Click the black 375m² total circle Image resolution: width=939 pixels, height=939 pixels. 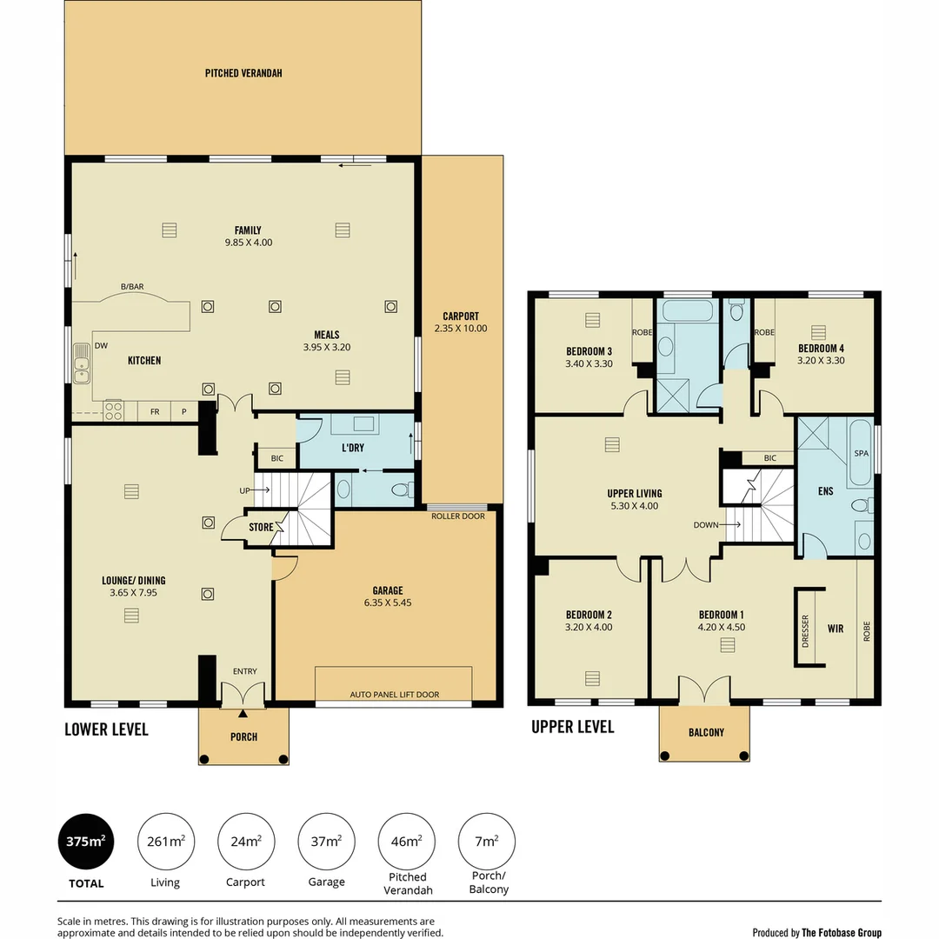(85, 841)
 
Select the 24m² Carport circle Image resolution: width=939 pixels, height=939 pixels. (246, 841)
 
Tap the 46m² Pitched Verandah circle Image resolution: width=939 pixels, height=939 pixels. (407, 841)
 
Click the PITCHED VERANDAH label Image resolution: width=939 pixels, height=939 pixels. (243, 73)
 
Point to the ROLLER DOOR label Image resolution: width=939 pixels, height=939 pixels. (458, 516)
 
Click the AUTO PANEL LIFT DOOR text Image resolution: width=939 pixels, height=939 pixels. (395, 695)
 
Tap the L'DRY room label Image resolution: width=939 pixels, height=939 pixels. (352, 447)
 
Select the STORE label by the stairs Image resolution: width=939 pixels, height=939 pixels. (261, 527)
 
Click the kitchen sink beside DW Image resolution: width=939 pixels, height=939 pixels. (81, 364)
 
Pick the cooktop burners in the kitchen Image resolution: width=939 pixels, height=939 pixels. (113, 410)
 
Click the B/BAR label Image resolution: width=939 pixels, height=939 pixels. (132, 286)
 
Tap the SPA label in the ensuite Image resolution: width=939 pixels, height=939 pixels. (861, 454)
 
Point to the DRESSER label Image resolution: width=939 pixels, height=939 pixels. (805, 629)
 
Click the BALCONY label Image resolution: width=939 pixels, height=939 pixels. (705, 733)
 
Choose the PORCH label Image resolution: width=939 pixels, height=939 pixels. (243, 737)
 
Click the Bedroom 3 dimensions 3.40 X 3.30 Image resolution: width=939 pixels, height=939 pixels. (589, 363)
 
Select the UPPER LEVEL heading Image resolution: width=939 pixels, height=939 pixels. (572, 727)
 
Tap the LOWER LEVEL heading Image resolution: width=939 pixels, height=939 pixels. (106, 729)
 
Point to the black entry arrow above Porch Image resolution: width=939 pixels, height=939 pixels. (243, 713)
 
